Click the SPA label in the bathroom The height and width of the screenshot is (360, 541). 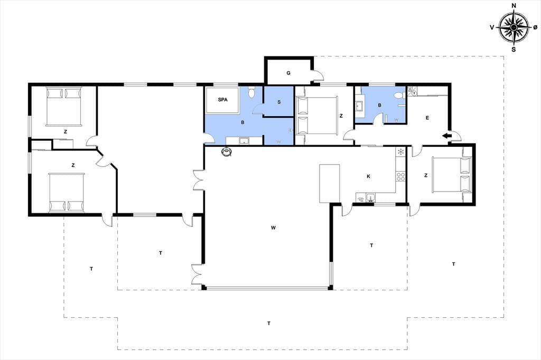pyautogui.click(x=222, y=100)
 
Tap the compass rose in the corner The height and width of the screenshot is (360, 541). pyautogui.click(x=514, y=27)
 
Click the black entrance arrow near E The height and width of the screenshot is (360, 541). pyautogui.click(x=447, y=136)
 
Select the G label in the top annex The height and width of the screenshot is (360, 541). pyautogui.click(x=288, y=73)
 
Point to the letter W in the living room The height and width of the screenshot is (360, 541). pyautogui.click(x=273, y=228)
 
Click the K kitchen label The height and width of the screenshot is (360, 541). pyautogui.click(x=368, y=176)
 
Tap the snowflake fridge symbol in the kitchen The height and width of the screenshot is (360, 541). pyautogui.click(x=400, y=151)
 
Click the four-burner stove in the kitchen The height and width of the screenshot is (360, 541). pyautogui.click(x=400, y=177)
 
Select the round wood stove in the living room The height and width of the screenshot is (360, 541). pyautogui.click(x=227, y=151)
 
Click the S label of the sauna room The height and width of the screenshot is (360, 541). pyautogui.click(x=279, y=102)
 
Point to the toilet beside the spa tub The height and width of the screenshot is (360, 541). pyautogui.click(x=251, y=92)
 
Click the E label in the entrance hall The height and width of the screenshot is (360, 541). pyautogui.click(x=427, y=118)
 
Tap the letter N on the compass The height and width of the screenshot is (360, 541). pyautogui.click(x=514, y=5)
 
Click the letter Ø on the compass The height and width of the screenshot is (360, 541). pyautogui.click(x=535, y=27)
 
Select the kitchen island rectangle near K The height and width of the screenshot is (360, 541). pyautogui.click(x=330, y=184)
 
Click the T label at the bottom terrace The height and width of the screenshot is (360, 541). pyautogui.click(x=269, y=324)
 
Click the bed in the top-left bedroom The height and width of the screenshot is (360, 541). pyautogui.click(x=64, y=107)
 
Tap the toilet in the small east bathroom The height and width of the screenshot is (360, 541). pyautogui.click(x=400, y=96)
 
